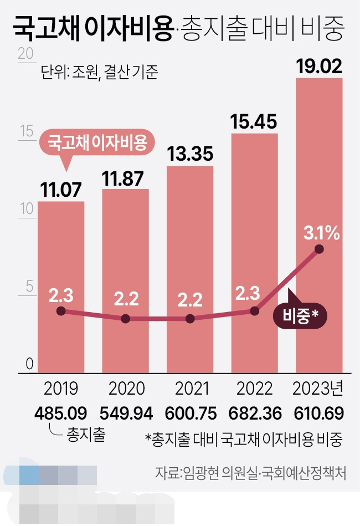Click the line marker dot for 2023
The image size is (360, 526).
[x=318, y=249]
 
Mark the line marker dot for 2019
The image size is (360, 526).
[x=61, y=311]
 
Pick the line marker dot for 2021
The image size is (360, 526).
[x=190, y=319]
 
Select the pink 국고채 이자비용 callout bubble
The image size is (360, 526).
[x=97, y=143]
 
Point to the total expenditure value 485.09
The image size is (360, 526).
[x=61, y=413]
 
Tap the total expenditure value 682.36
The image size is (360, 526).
[x=254, y=413]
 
